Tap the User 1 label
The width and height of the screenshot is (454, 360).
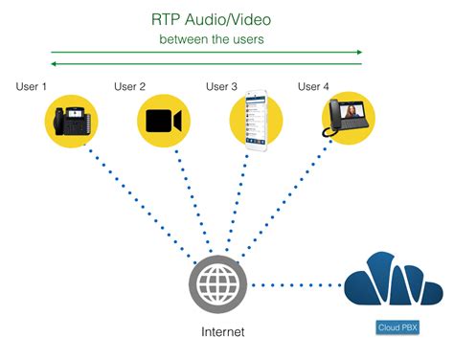coord(32,87)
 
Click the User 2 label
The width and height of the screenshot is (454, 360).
coord(129,87)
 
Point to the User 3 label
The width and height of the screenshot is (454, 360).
coord(221,87)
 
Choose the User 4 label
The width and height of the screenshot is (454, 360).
coord(313,87)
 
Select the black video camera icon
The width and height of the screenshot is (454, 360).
coord(165,121)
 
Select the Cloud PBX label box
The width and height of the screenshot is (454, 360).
coord(395,327)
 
